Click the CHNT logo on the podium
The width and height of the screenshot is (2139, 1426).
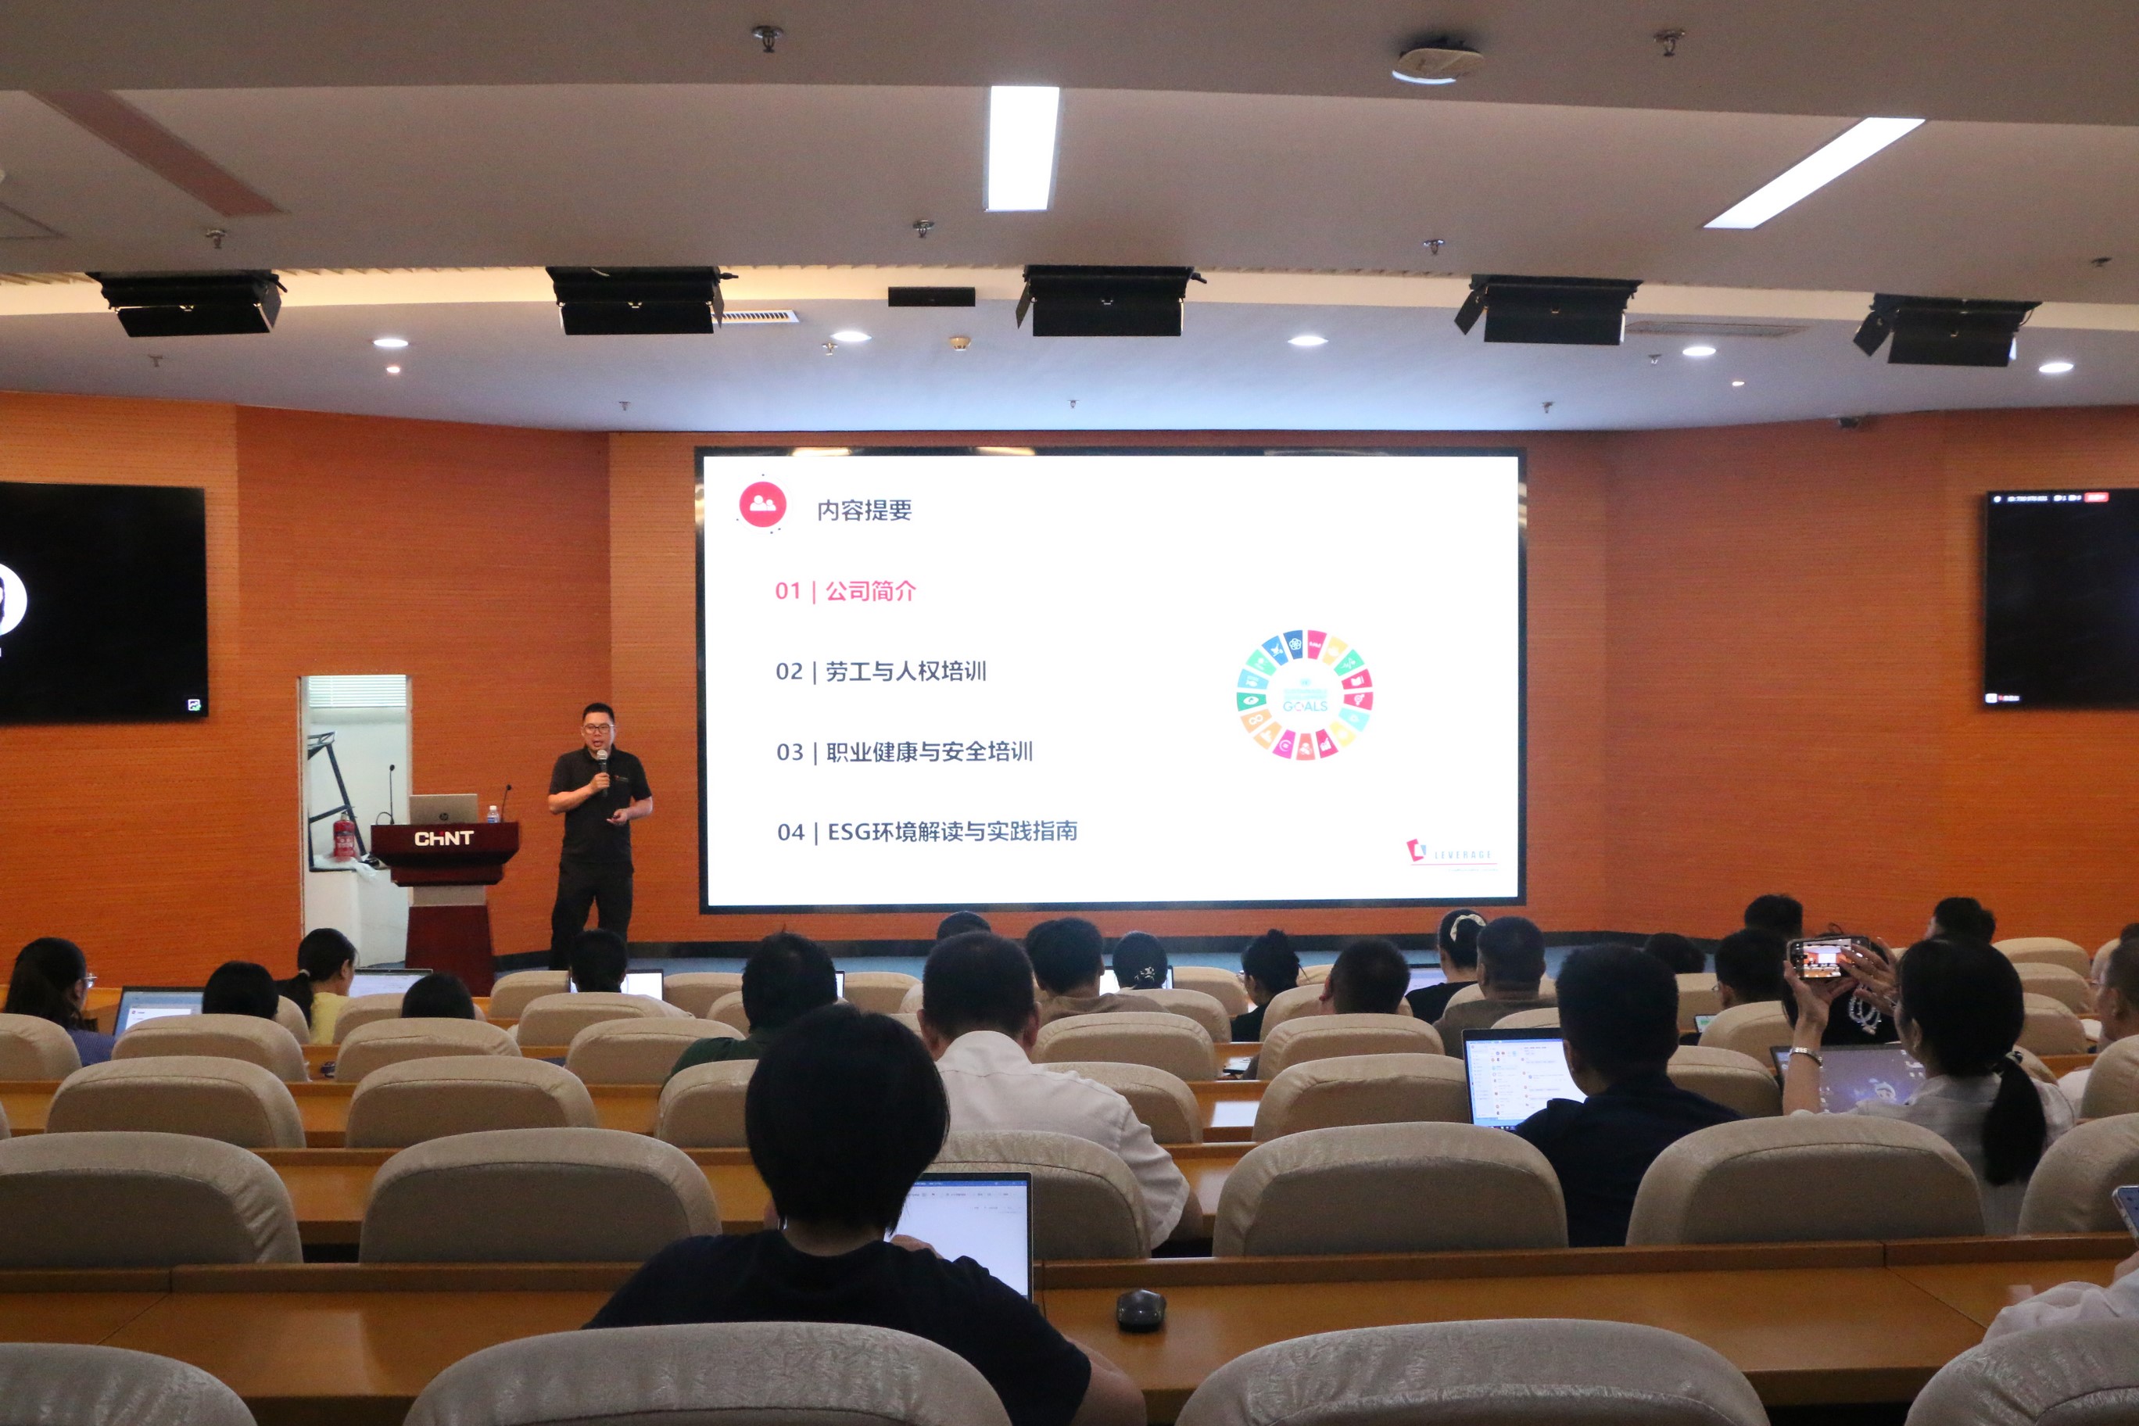click(x=444, y=839)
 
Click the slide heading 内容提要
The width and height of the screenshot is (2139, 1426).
click(x=864, y=511)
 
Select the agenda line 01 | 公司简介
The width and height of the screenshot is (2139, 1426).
click(x=845, y=591)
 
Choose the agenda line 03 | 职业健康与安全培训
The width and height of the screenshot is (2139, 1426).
click(x=904, y=752)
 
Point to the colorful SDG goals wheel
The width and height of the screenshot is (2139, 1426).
click(x=1304, y=695)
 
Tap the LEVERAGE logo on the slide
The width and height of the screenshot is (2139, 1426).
click(x=1449, y=853)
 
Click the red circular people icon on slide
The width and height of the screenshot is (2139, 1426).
click(x=762, y=503)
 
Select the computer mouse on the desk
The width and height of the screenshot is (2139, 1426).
click(x=1141, y=1310)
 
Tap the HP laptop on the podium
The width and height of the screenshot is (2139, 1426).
click(x=443, y=808)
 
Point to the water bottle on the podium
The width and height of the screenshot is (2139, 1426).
click(x=493, y=813)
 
